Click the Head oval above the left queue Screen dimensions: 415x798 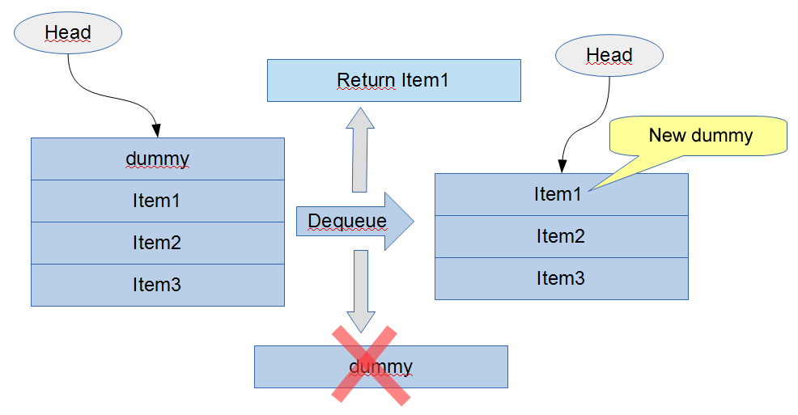click(x=68, y=33)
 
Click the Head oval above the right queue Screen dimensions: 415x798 click(x=609, y=56)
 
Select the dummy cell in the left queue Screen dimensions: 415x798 click(x=158, y=159)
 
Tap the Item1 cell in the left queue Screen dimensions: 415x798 click(x=158, y=201)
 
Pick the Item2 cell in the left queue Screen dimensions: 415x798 click(x=158, y=243)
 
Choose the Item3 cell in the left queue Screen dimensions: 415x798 click(x=158, y=285)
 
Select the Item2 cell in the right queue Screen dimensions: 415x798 click(x=561, y=236)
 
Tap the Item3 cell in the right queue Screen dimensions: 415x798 click(x=561, y=278)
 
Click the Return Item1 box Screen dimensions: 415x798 click(x=393, y=80)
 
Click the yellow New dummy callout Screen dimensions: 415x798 click(x=701, y=135)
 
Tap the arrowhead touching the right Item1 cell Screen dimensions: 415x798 click(x=560, y=167)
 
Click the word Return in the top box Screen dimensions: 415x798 click(x=367, y=80)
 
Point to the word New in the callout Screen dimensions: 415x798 click(x=667, y=135)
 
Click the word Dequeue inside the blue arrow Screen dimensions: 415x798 click(x=347, y=221)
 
